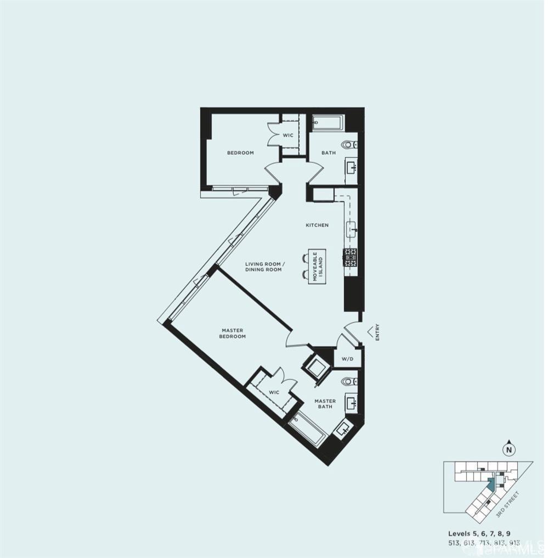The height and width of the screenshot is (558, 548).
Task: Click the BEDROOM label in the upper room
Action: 240,153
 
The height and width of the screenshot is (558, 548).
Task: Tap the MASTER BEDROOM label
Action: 233,333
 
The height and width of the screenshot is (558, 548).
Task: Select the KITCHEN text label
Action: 317,225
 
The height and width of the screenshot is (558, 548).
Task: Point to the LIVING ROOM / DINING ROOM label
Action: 263,267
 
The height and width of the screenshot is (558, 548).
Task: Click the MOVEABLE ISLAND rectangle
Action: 317,266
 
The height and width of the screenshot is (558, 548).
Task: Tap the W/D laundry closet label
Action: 347,359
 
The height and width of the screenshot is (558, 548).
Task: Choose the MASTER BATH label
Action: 325,404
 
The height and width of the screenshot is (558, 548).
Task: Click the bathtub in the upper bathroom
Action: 328,122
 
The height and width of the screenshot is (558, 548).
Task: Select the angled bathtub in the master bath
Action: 307,428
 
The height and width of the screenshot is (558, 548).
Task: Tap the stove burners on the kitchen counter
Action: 350,256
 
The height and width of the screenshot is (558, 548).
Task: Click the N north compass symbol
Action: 510,450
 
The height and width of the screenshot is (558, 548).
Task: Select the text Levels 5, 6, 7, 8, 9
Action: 483,533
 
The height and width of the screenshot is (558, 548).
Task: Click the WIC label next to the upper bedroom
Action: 288,135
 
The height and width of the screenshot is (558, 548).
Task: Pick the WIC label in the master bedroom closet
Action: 274,392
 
